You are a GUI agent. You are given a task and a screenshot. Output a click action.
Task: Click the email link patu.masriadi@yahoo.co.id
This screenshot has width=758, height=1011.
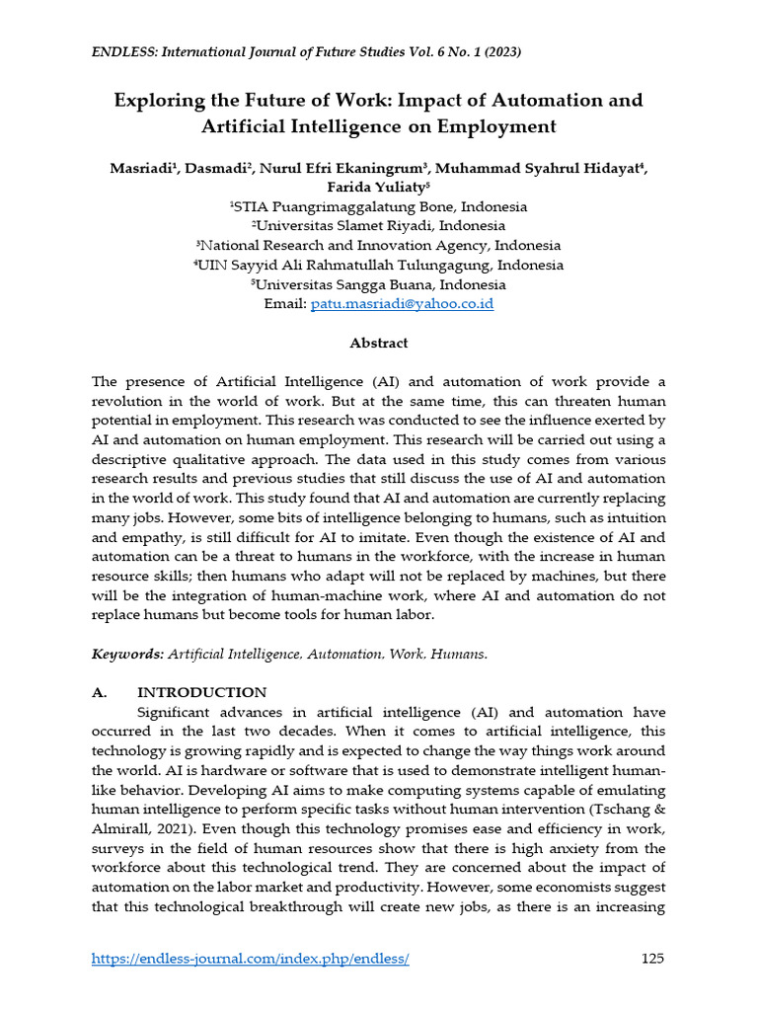click(x=402, y=304)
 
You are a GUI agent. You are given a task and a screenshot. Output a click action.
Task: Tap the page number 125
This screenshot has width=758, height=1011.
click(x=652, y=959)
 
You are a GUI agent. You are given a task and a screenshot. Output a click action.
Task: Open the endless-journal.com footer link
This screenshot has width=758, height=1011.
click(x=250, y=959)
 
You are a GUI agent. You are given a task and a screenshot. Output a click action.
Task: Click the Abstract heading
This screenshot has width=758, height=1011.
click(x=378, y=343)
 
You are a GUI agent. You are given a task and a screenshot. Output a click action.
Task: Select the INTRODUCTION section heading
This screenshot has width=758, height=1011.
click(x=201, y=692)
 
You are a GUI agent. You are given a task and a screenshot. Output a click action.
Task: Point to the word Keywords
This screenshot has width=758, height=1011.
click(x=127, y=654)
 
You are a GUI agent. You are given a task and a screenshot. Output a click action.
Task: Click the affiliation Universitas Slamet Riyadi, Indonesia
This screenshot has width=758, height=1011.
click(x=378, y=226)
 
